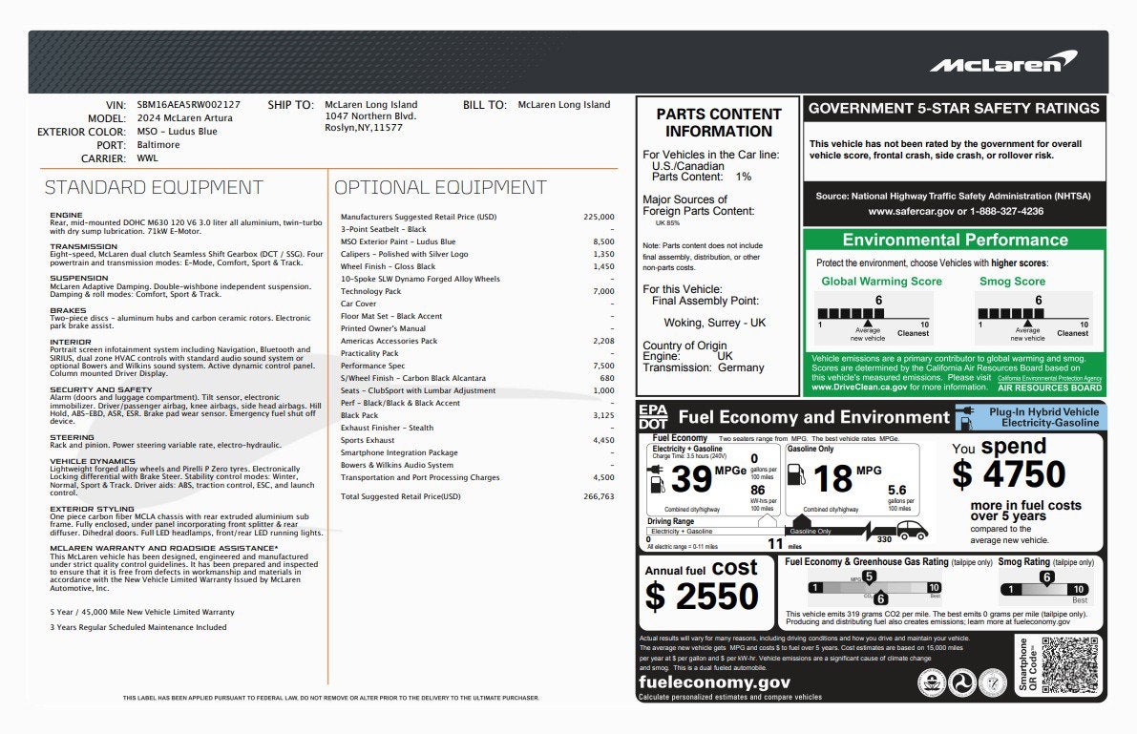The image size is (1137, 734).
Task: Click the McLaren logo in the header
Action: (1002, 63)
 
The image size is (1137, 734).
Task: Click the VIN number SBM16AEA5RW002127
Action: (188, 105)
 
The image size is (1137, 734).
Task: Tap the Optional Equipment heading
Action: (440, 188)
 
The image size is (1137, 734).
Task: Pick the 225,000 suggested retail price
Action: (599, 217)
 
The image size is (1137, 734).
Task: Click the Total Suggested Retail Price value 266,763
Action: (599, 496)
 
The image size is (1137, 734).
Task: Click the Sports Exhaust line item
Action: (368, 440)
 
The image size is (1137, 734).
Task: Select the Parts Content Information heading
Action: (718, 122)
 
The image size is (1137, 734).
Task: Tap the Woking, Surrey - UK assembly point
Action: (715, 323)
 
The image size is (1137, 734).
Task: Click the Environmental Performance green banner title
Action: (955, 240)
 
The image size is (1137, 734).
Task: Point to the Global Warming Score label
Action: (881, 282)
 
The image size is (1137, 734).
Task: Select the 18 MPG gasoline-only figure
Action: (832, 477)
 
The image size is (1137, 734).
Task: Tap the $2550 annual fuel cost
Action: (702, 597)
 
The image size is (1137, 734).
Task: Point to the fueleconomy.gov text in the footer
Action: (714, 682)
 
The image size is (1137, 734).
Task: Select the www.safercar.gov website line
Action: (955, 211)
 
